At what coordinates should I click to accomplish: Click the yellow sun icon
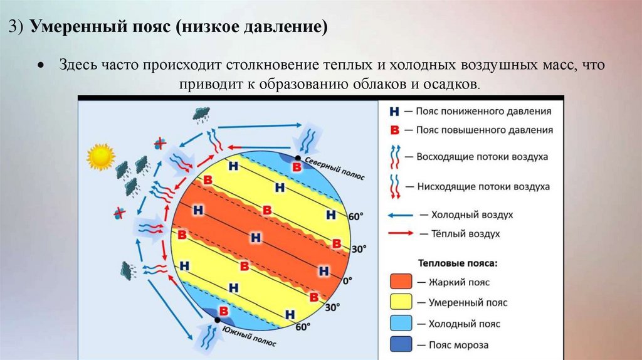pyautogui.click(x=101, y=157)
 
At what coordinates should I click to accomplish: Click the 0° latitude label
pyautogui.click(x=347, y=280)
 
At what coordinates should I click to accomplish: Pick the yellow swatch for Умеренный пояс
pyautogui.click(x=401, y=302)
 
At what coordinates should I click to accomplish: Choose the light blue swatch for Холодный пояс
pyautogui.click(x=401, y=324)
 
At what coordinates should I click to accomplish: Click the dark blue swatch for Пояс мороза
pyautogui.click(x=401, y=344)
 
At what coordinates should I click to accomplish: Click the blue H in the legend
pyautogui.click(x=394, y=112)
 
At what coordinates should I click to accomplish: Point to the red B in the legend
pyautogui.click(x=394, y=130)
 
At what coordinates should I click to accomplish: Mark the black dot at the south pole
pyautogui.click(x=217, y=320)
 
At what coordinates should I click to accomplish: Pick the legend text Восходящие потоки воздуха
pyautogui.click(x=482, y=157)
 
